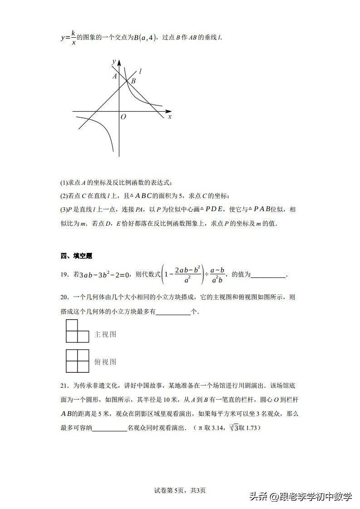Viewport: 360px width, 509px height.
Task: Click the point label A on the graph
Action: tap(115, 76)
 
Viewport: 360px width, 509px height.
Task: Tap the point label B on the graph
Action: tap(133, 82)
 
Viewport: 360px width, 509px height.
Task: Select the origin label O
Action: tap(123, 117)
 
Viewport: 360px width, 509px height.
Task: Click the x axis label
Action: tap(170, 117)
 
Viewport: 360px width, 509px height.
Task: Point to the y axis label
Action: tap(113, 61)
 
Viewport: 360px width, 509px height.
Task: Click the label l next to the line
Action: tap(141, 71)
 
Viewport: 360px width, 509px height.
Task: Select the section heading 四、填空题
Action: tap(76, 256)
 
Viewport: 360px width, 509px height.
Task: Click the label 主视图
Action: tap(105, 335)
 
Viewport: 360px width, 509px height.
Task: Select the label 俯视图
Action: tap(105, 362)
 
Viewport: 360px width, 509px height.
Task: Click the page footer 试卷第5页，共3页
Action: tap(180, 490)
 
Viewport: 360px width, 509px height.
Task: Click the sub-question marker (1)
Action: tap(64, 183)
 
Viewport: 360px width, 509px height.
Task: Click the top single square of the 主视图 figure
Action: tap(72, 325)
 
